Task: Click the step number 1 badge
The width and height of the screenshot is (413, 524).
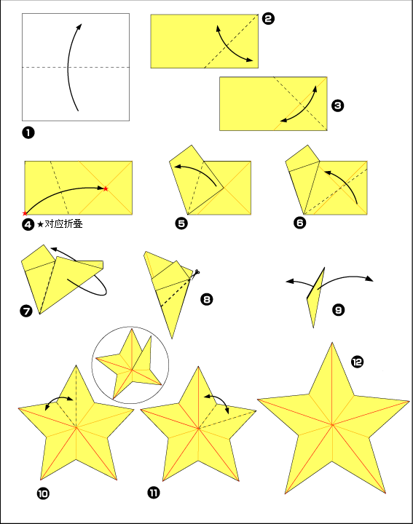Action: coord(28,132)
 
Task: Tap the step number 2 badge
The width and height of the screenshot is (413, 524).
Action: coord(268,19)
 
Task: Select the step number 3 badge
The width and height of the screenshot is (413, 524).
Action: coord(337,106)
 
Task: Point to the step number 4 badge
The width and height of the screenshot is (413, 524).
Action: coord(28,224)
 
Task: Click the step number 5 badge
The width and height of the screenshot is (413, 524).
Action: coord(181,223)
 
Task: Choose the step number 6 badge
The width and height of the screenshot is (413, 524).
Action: coord(300,223)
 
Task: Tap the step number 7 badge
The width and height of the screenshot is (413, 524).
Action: coord(26,311)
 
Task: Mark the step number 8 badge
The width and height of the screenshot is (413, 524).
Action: coord(207,299)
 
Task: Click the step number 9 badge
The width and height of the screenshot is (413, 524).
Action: coord(339,310)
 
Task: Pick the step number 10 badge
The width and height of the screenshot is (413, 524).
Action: coord(43,493)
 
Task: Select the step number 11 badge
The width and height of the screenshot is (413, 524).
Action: coord(154,492)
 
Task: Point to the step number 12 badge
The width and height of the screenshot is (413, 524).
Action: coord(357,362)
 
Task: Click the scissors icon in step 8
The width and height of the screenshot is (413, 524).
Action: coord(196,272)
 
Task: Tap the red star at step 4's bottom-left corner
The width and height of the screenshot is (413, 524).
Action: coord(25,213)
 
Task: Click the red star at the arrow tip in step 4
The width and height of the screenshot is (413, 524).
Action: coord(106,188)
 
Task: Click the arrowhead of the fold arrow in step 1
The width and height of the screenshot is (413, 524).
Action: coord(79,27)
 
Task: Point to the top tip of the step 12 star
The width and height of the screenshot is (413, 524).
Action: coord(332,343)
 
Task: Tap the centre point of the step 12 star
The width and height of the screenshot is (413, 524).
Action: coord(332,425)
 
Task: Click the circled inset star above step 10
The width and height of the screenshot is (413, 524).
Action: coord(130,365)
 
